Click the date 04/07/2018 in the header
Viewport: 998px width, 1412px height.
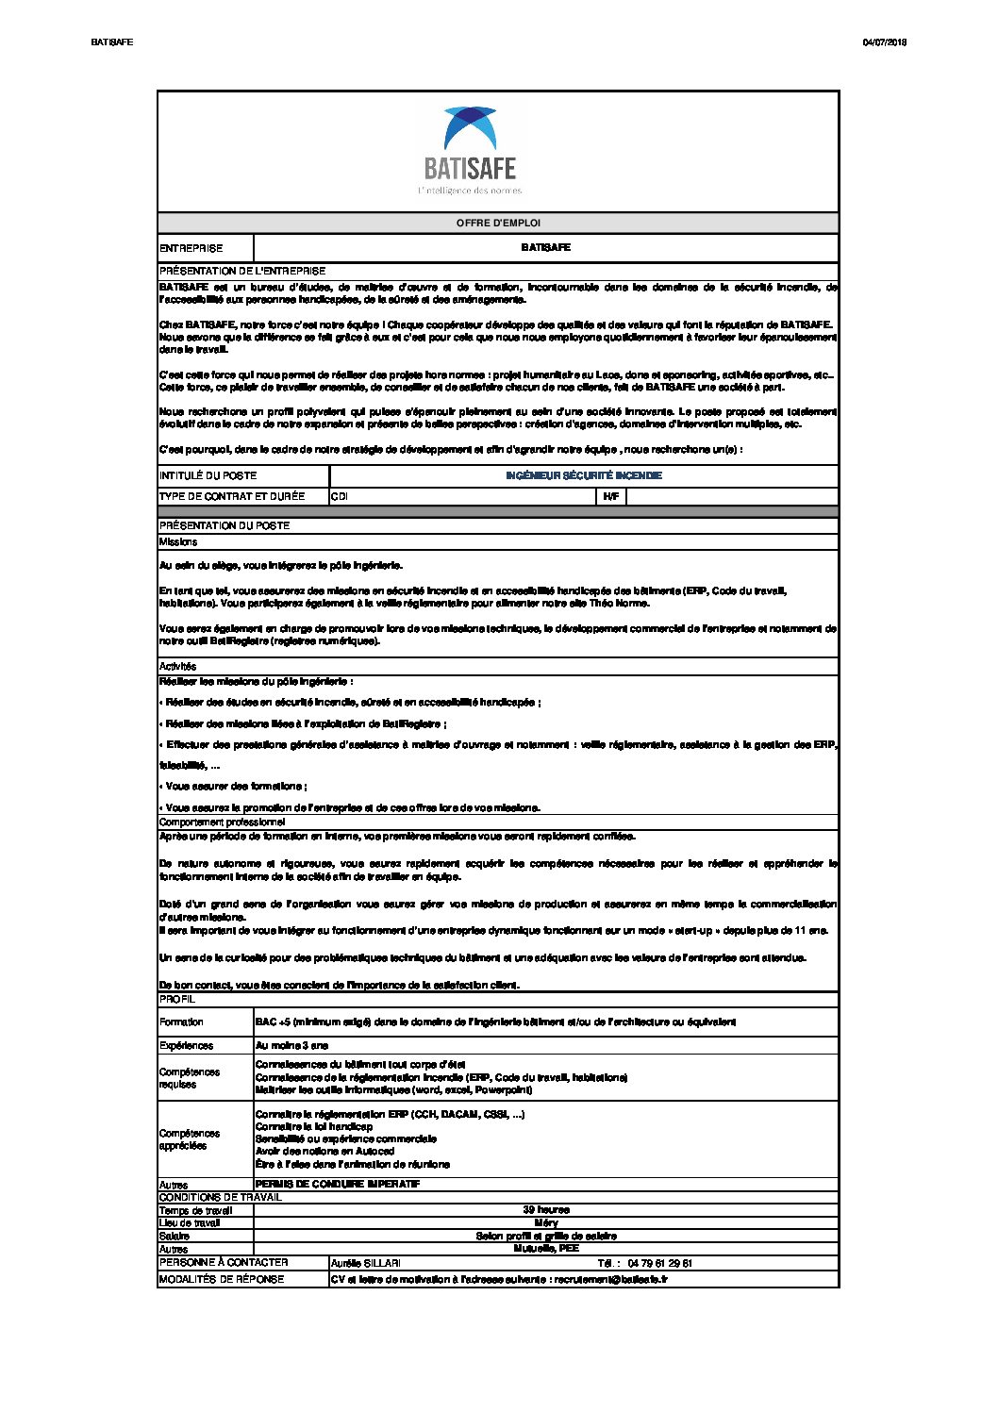click(884, 42)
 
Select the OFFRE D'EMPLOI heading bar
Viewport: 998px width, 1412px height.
click(498, 224)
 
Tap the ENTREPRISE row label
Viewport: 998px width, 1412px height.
click(191, 248)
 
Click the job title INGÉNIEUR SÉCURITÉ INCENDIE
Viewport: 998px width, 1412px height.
click(583, 475)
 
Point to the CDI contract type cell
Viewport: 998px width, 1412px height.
click(339, 496)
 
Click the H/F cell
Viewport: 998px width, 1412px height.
click(610, 496)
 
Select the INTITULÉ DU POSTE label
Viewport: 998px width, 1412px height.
click(208, 475)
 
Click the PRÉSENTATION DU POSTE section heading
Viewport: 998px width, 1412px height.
click(225, 525)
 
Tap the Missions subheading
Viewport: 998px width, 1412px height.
click(178, 542)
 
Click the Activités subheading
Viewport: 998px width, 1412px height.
click(177, 666)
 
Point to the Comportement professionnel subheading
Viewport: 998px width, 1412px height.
click(222, 822)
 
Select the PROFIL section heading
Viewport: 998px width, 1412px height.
click(177, 999)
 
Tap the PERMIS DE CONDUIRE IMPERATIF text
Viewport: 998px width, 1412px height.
click(338, 1184)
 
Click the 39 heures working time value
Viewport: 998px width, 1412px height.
click(545, 1209)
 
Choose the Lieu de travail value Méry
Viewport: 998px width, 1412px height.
click(545, 1222)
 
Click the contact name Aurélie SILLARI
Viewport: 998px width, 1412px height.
click(365, 1263)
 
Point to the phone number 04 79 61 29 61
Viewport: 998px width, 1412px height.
click(658, 1263)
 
